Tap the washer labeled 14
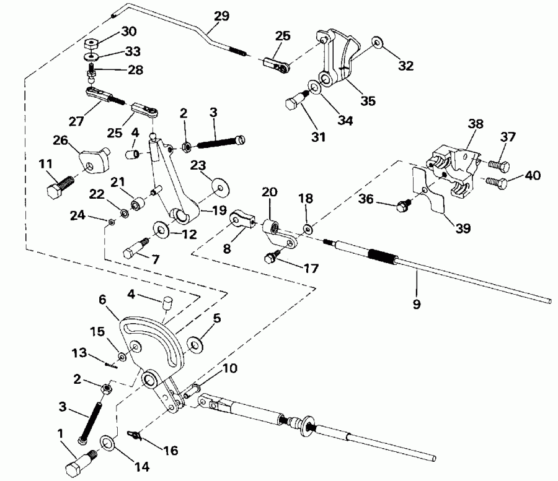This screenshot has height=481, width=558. pos(107,443)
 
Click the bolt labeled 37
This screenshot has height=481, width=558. pos(498,165)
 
